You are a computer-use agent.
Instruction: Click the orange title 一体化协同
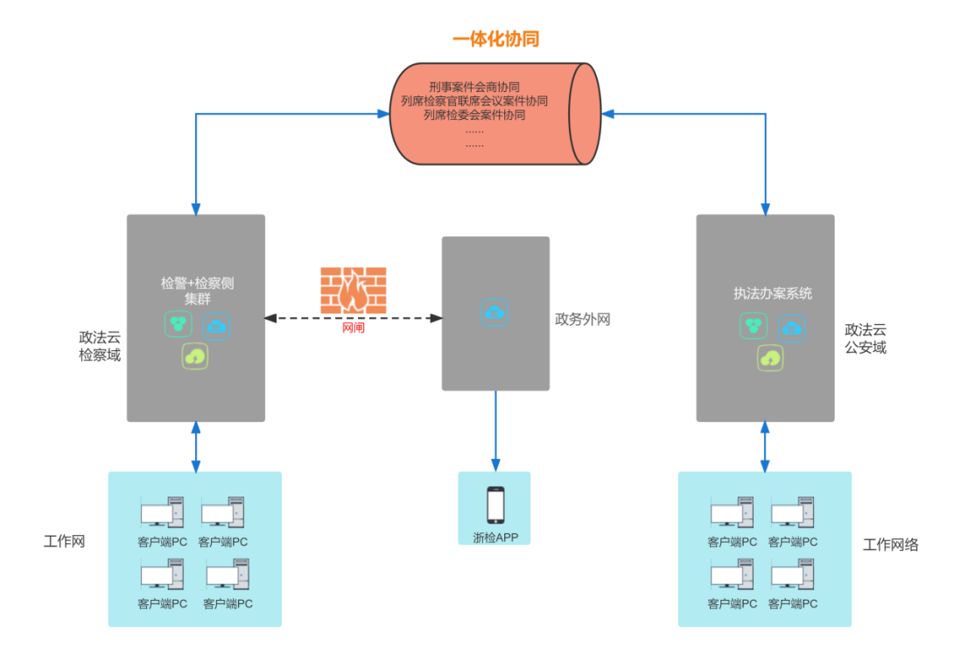point(495,39)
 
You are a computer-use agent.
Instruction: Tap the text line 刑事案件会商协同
point(474,88)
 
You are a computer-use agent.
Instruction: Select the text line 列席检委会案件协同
point(474,115)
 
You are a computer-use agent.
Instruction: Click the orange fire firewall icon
point(353,290)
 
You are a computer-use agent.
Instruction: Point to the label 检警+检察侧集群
point(197,290)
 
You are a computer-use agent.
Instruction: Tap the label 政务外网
point(582,320)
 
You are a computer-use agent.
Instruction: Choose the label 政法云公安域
point(866,339)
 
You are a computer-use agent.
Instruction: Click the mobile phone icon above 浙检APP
point(495,505)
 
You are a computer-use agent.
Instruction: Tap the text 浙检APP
point(495,537)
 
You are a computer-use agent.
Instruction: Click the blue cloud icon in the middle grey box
point(495,312)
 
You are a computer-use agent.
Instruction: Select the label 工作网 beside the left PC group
point(65,541)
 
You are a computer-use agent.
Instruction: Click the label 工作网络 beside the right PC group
point(890,545)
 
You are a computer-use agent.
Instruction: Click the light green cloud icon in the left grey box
point(195,356)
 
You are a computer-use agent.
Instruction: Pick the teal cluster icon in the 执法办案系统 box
point(753,327)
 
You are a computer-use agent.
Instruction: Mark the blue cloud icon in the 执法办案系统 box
point(792,328)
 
